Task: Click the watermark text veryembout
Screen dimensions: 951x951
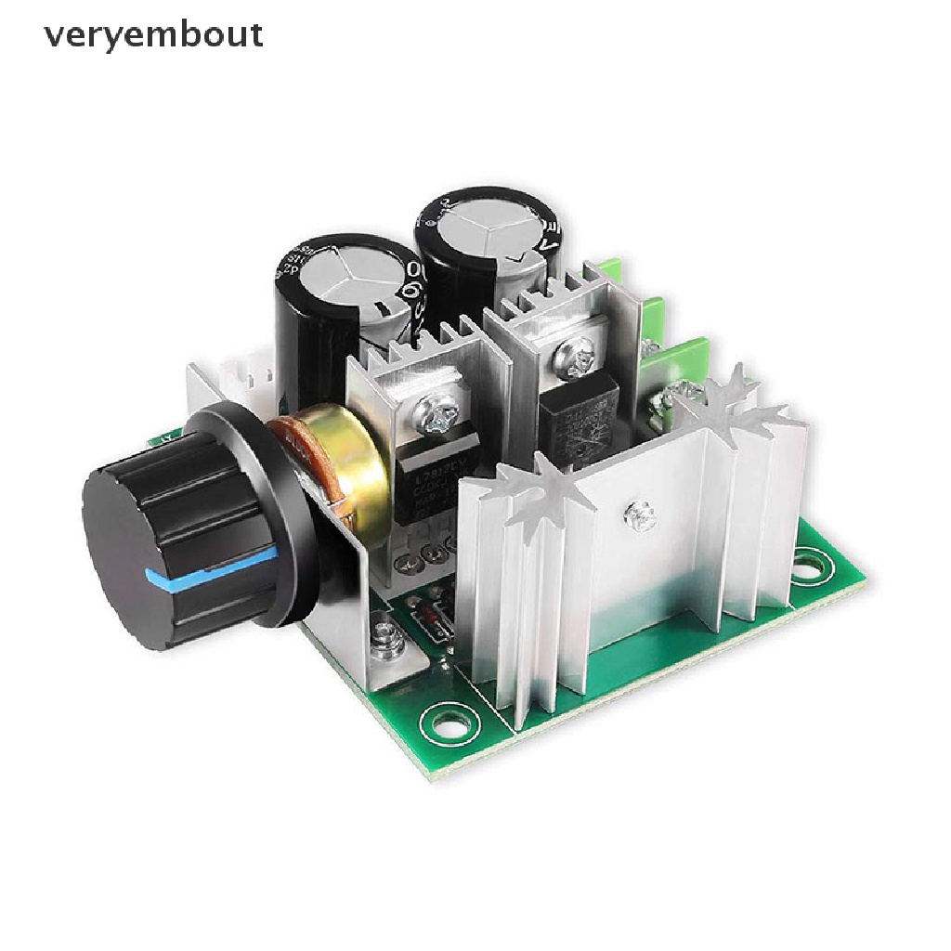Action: click(x=153, y=35)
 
